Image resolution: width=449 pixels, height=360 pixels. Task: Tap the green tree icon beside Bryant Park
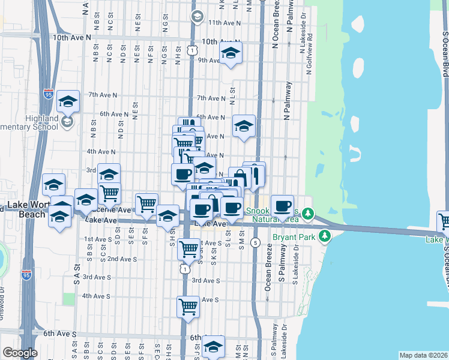325,236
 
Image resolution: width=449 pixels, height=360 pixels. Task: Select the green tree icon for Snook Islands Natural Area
308,213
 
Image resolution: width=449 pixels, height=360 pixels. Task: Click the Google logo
20,353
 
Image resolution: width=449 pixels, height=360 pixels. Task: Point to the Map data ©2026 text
423,355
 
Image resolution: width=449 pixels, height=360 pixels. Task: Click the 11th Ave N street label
224,22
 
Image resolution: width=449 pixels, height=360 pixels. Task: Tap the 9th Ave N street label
211,60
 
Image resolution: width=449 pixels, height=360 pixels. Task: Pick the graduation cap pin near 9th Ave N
231,53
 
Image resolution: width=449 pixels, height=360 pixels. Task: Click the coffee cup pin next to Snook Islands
282,206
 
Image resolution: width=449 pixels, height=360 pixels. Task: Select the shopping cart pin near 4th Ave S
188,307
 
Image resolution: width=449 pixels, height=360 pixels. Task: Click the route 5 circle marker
256,243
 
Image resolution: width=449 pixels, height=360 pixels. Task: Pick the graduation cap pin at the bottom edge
213,346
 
